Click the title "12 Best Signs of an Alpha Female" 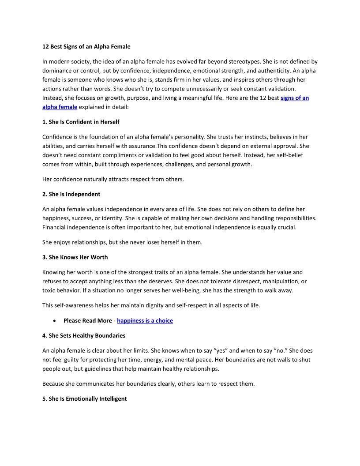tap(86, 46)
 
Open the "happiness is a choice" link tap(145, 321)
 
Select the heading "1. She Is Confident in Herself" tap(81, 122)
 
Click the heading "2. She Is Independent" tap(71, 194)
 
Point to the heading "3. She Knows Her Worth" tap(75, 257)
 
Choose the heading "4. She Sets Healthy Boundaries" tap(84, 336)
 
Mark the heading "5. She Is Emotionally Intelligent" tap(84, 399)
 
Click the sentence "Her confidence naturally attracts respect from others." tap(113, 179)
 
